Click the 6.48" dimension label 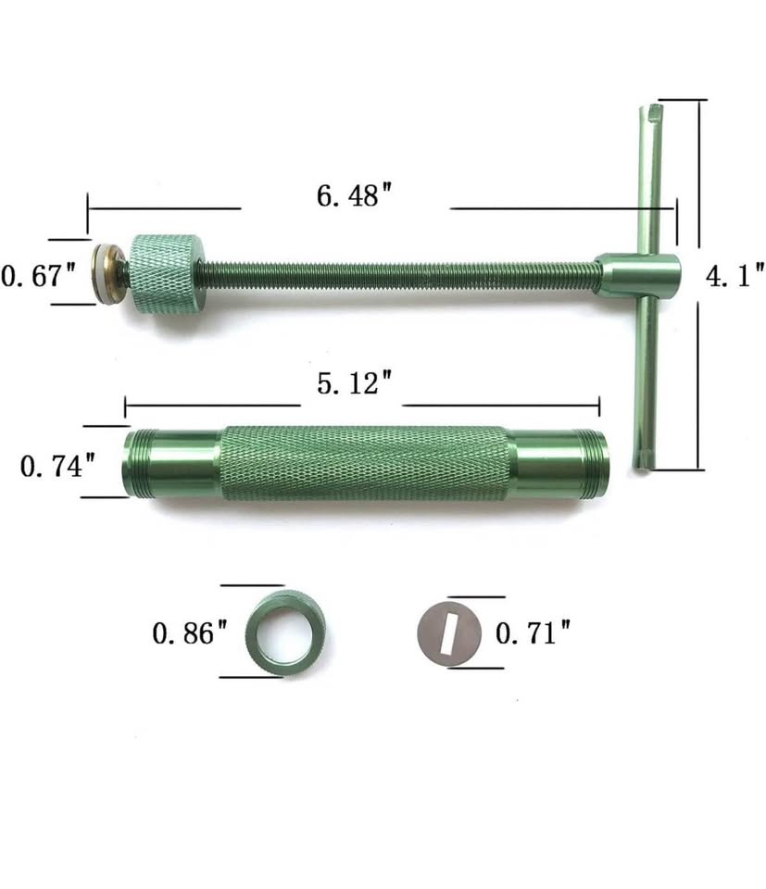coord(354,195)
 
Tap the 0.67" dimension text coord(38,276)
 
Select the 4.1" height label coord(735,277)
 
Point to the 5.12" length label coord(354,383)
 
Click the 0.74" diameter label coord(57,466)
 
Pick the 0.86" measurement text coord(189,632)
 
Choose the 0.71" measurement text coord(533,632)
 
